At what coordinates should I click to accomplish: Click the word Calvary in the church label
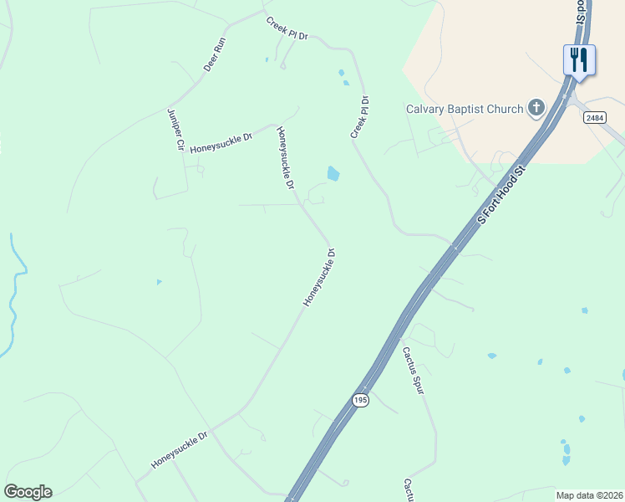[425, 109]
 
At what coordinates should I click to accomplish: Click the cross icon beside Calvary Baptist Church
[536, 108]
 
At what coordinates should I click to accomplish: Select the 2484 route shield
[595, 118]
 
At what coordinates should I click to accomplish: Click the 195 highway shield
[360, 401]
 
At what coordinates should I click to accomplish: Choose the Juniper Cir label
[175, 129]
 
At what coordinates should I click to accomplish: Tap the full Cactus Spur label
[414, 371]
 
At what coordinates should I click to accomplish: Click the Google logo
[28, 492]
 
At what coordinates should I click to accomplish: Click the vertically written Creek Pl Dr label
[360, 118]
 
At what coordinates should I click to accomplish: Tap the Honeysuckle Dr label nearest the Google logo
[179, 450]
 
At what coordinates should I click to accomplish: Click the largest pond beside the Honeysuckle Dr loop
[333, 174]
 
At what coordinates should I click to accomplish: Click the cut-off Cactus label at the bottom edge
[409, 491]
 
